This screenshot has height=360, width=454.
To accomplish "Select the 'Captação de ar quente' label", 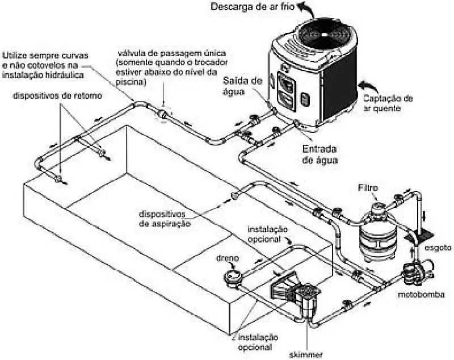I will point(388,103).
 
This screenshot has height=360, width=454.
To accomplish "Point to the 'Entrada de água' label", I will point(320,154).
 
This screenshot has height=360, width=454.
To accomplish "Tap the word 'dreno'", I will point(227,257).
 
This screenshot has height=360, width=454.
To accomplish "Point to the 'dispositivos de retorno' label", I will point(58,96).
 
